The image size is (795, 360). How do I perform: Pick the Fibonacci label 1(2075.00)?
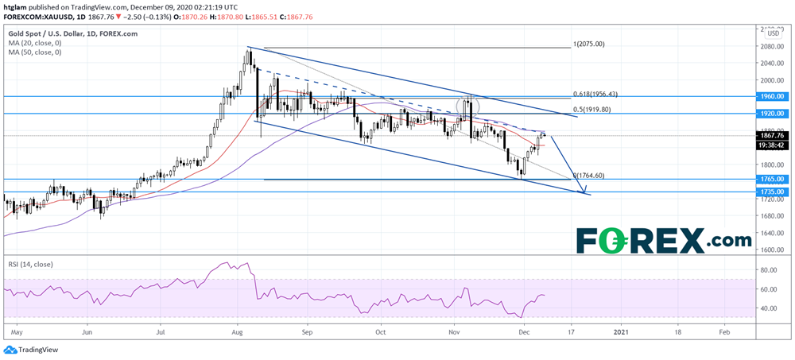589,45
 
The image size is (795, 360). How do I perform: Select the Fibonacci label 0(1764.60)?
589,176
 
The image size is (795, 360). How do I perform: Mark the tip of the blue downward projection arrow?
585,193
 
